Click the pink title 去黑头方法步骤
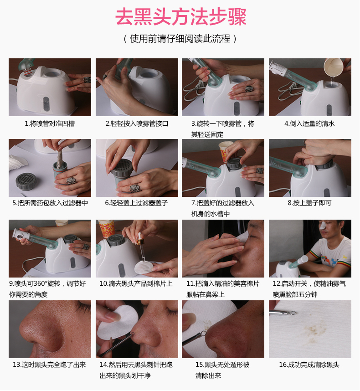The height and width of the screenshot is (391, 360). coord(180,17)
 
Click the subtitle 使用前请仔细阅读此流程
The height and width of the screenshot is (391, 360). coord(180,39)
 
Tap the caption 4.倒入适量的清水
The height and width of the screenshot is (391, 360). coord(309,123)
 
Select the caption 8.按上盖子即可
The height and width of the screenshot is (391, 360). coord(309,203)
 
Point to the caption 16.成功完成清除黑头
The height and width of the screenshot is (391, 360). coord(309,365)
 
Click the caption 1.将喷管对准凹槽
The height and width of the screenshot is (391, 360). coord(50,123)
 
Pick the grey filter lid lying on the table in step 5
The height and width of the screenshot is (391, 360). coord(26,181)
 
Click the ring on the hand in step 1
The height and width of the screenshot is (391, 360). coord(87,80)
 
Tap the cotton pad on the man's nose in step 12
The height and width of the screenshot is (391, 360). coord(323,225)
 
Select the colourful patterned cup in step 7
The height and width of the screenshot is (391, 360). coord(224,151)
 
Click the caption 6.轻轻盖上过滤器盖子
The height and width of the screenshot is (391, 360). coord(136,203)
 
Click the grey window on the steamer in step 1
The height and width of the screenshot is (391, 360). coord(46,104)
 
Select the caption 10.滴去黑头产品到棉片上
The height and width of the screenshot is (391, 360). coord(136,283)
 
